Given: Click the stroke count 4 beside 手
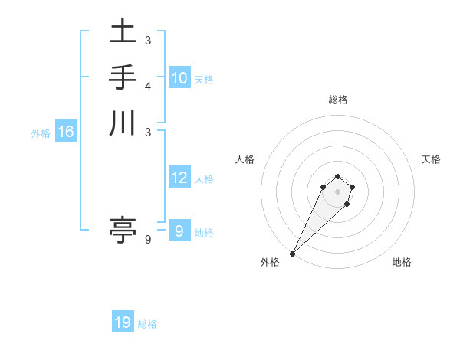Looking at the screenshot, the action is point(148,85).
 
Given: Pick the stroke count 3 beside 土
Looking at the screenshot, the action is point(148,39).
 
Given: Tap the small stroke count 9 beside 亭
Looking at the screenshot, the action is point(148,239).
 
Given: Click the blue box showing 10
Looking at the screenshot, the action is point(179,78).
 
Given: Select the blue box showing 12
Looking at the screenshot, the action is point(179,178).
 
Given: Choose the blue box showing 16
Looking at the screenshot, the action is point(65,133).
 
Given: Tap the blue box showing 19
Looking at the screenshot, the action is point(123,323).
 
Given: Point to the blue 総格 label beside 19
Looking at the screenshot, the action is point(147,324).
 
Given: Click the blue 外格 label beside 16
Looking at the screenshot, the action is point(41,133).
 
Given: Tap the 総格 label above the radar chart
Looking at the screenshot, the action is point(337,100).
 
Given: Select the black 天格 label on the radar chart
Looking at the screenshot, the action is point(431,159).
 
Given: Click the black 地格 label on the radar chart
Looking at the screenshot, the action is point(402,262).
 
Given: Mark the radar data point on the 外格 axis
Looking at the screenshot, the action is point(292,254).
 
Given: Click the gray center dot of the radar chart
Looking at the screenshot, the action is point(337,191).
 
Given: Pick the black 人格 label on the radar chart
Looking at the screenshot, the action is point(245,159).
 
